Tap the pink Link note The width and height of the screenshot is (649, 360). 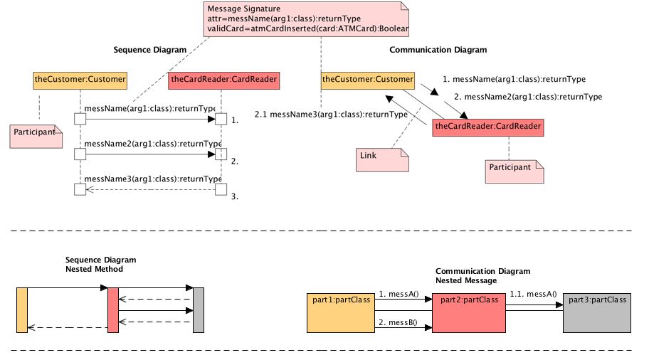(383, 159)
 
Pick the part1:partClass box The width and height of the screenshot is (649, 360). (341, 312)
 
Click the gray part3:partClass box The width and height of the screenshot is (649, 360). (596, 312)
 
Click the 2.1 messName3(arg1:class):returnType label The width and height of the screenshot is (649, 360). (331, 114)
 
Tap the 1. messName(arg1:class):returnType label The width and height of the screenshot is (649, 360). (514, 80)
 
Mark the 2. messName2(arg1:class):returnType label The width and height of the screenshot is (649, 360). (527, 97)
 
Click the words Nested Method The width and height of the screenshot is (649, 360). (94, 270)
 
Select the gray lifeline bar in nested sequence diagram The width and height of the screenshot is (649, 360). (199, 310)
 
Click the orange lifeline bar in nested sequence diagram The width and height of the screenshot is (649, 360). (21, 310)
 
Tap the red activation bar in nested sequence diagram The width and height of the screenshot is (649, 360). (112, 310)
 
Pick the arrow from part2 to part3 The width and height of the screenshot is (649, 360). (534, 305)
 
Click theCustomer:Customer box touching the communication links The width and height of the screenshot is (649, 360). (367, 80)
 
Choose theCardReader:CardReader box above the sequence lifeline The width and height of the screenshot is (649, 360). (223, 80)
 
